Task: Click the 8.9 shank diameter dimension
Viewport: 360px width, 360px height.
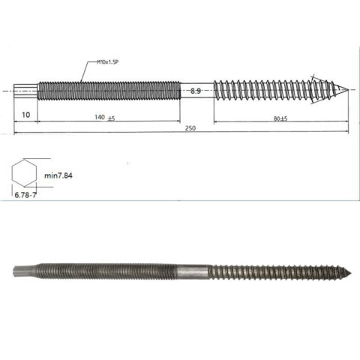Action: pyautogui.click(x=195, y=91)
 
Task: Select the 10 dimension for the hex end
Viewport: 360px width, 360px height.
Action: pyautogui.click(x=25, y=115)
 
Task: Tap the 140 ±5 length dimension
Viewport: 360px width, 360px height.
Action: pyautogui.click(x=104, y=118)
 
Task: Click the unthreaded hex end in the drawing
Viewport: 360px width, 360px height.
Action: pyautogui.click(x=25, y=91)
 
